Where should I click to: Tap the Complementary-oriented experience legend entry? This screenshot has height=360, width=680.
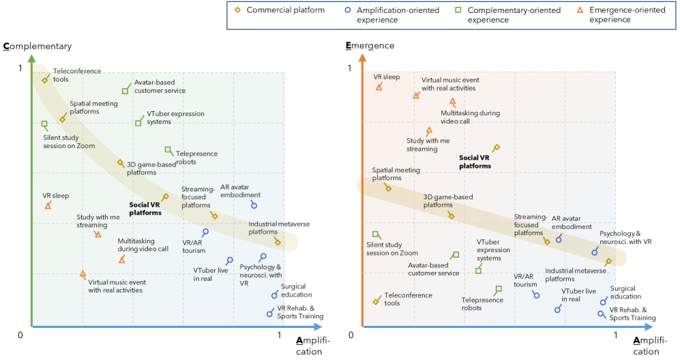pyautogui.click(x=508, y=15)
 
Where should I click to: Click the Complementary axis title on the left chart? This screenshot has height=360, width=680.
pyautogui.click(x=37, y=46)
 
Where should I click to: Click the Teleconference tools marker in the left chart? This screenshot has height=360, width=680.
pyautogui.click(x=45, y=80)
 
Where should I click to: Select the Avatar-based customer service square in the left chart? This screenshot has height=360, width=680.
pyautogui.click(x=125, y=91)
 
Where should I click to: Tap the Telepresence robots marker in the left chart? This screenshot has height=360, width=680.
pyautogui.click(x=168, y=150)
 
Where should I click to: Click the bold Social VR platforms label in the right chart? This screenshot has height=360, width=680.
pyautogui.click(x=475, y=161)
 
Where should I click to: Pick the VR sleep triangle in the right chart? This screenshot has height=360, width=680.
pyautogui.click(x=379, y=87)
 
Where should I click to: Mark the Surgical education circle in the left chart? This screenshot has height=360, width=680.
pyautogui.click(x=275, y=295)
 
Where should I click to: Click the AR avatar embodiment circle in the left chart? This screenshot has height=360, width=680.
pyautogui.click(x=254, y=205)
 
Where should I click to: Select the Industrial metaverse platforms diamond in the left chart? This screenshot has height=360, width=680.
pyautogui.click(x=278, y=241)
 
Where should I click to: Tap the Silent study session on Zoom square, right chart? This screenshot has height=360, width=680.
pyautogui.click(x=375, y=235)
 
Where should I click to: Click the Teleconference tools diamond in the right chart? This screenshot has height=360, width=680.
pyautogui.click(x=376, y=301)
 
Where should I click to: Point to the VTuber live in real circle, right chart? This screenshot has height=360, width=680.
pyautogui.click(x=558, y=310)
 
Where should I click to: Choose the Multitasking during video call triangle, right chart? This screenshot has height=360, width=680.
pyautogui.click(x=452, y=102)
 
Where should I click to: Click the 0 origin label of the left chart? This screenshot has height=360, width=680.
pyautogui.click(x=21, y=335)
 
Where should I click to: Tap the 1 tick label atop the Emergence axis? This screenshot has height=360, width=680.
pyautogui.click(x=351, y=68)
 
